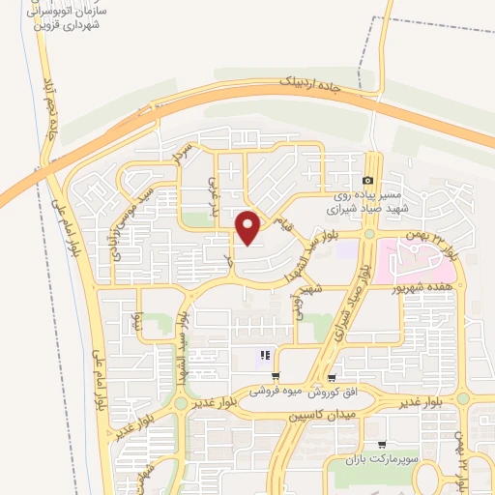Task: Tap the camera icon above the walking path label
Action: coord(367,181)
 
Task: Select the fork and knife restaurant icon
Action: coord(263,356)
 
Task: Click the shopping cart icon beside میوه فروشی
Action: coord(277,377)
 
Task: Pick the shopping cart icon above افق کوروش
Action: coord(333,378)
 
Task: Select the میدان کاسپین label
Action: coord(323,414)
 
